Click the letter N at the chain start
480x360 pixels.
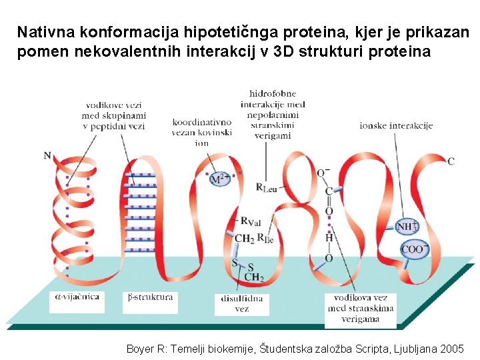pos(47,156)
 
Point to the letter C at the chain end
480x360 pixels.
pos(451,161)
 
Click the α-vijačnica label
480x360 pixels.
pos(77,297)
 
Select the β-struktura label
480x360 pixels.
pos(150,297)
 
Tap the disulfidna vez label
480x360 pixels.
pos(242,303)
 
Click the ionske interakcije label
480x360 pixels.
pos(396,125)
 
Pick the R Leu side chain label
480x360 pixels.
pos(267,187)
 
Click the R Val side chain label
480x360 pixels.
pos(251,221)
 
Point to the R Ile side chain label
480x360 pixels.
pos(265,237)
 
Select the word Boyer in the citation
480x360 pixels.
pos(140,348)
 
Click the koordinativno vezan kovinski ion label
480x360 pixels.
pos(202,132)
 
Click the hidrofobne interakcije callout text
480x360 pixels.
pos(273,114)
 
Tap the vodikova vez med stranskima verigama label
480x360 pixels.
pos(360,308)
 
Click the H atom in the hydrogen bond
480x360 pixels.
pos(329,237)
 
